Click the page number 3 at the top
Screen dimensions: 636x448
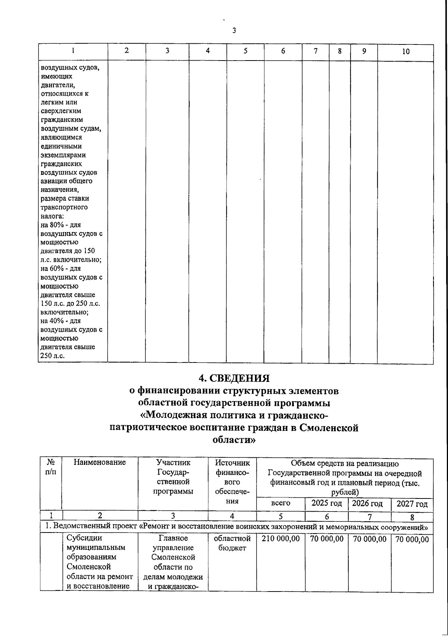pyautogui.click(x=234, y=31)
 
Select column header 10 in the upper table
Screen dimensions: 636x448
pyautogui.click(x=405, y=52)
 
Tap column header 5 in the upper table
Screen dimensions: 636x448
pyautogui.click(x=245, y=51)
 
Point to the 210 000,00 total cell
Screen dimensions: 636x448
pyautogui.click(x=281, y=539)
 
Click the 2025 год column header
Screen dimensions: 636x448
pyautogui.click(x=327, y=503)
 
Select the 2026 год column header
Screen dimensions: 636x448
pyautogui.click(x=367, y=503)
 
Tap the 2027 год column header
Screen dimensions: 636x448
pyautogui.click(x=412, y=504)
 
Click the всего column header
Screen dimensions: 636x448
pyautogui.click(x=281, y=503)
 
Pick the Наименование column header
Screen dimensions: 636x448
pyautogui.click(x=100, y=463)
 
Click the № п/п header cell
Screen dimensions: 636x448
pyautogui.click(x=50, y=467)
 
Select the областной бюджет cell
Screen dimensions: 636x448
pyautogui.click(x=232, y=543)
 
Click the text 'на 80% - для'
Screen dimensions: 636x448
pyautogui.click(x=60, y=225)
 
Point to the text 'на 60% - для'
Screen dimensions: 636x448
pyautogui.click(x=60, y=269)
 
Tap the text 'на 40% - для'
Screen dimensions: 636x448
pyautogui.click(x=60, y=321)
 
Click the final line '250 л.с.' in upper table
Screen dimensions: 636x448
pyautogui.click(x=52, y=356)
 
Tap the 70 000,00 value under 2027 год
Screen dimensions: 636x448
pyautogui.click(x=412, y=540)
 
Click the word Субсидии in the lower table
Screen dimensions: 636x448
pyautogui.click(x=84, y=538)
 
